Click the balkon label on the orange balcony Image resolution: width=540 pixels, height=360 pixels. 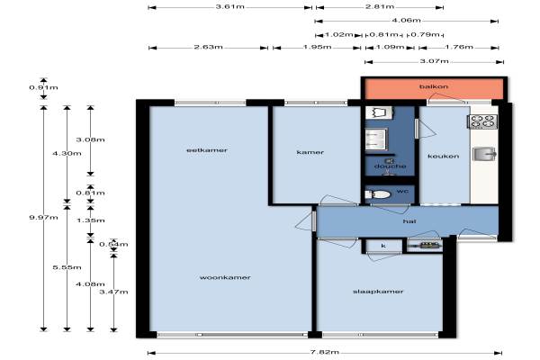coord(434,86)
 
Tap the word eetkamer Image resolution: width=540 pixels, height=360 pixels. coord(207,150)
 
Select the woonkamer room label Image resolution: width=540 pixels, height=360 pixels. coord(225,277)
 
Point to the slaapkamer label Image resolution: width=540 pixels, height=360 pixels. coord(378,292)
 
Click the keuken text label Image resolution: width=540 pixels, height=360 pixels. coord(443,156)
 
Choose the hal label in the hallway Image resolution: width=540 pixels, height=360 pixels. coord(409,221)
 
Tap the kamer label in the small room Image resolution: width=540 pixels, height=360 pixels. coord(310,152)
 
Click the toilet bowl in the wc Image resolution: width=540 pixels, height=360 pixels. coord(378,194)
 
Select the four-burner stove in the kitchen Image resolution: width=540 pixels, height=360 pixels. coord(482,122)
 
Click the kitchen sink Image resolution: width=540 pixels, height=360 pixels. coord(484,154)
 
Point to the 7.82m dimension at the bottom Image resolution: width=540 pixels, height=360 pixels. coord(324,352)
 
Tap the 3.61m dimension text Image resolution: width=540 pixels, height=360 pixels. coord(229,6)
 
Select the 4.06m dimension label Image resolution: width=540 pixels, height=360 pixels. coord(407,21)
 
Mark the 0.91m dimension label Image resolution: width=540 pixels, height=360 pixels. coord(43,87)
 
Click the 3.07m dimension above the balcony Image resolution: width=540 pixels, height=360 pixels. coord(435,61)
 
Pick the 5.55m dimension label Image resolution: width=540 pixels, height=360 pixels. coord(67,267)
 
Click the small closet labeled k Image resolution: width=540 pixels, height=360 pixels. coord(383,246)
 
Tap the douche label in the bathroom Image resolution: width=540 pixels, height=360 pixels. coord(390,166)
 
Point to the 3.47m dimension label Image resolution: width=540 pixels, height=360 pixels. coord(113,292)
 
